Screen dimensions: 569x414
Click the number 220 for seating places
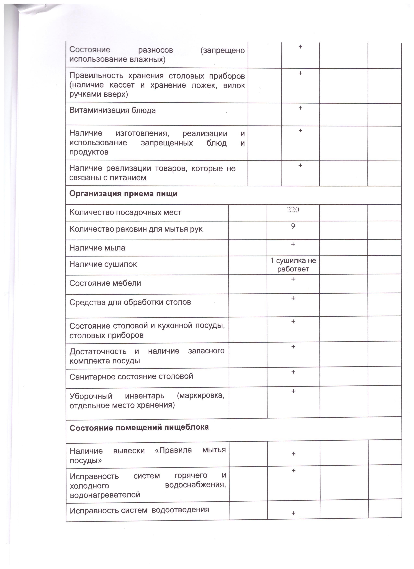point(293,210)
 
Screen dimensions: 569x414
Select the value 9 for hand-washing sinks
point(293,226)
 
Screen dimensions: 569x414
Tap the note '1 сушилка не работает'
point(293,265)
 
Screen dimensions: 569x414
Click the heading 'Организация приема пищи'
point(123,194)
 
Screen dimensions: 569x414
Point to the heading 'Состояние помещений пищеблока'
point(139,427)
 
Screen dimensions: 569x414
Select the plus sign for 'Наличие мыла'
point(293,244)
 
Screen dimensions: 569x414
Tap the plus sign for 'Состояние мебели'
point(293,279)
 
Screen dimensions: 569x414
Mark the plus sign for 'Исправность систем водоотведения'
point(293,513)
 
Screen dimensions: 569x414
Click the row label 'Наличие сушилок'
point(103,264)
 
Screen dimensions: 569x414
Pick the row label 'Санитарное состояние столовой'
point(131,376)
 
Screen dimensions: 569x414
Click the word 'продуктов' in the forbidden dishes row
point(89,152)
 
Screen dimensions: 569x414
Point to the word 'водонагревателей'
point(105,495)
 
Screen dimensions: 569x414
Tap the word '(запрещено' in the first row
point(222,50)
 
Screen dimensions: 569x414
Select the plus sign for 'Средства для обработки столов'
point(293,298)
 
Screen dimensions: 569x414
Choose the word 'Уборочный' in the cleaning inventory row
point(91,396)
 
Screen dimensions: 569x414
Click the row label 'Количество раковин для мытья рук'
point(136,229)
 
